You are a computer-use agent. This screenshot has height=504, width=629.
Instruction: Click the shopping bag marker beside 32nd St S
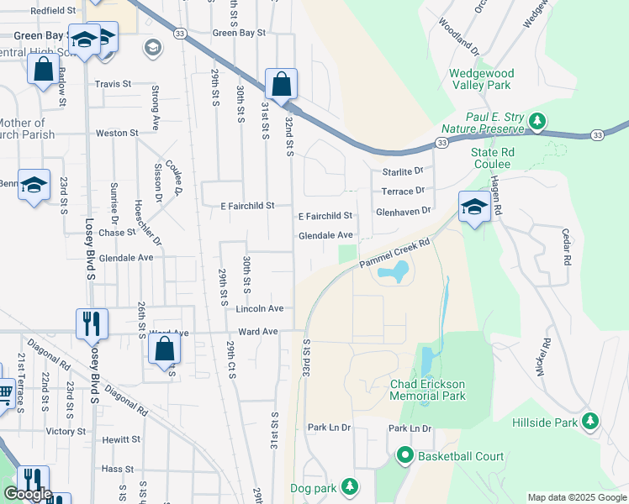(281, 84)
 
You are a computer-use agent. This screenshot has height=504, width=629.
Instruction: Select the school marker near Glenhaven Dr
(474, 207)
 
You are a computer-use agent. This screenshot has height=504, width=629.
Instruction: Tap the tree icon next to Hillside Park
(591, 421)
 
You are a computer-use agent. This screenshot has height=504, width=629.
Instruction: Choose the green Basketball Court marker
(404, 457)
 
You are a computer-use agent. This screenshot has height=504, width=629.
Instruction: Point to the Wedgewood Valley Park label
(481, 79)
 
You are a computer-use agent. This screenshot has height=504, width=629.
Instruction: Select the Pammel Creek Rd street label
(394, 253)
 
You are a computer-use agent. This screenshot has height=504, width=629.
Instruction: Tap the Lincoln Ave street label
(259, 309)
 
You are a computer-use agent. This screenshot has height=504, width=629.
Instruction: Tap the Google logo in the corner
(28, 494)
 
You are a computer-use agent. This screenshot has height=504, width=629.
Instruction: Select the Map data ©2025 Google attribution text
(577, 497)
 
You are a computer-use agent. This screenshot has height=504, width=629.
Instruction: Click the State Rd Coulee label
(492, 158)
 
